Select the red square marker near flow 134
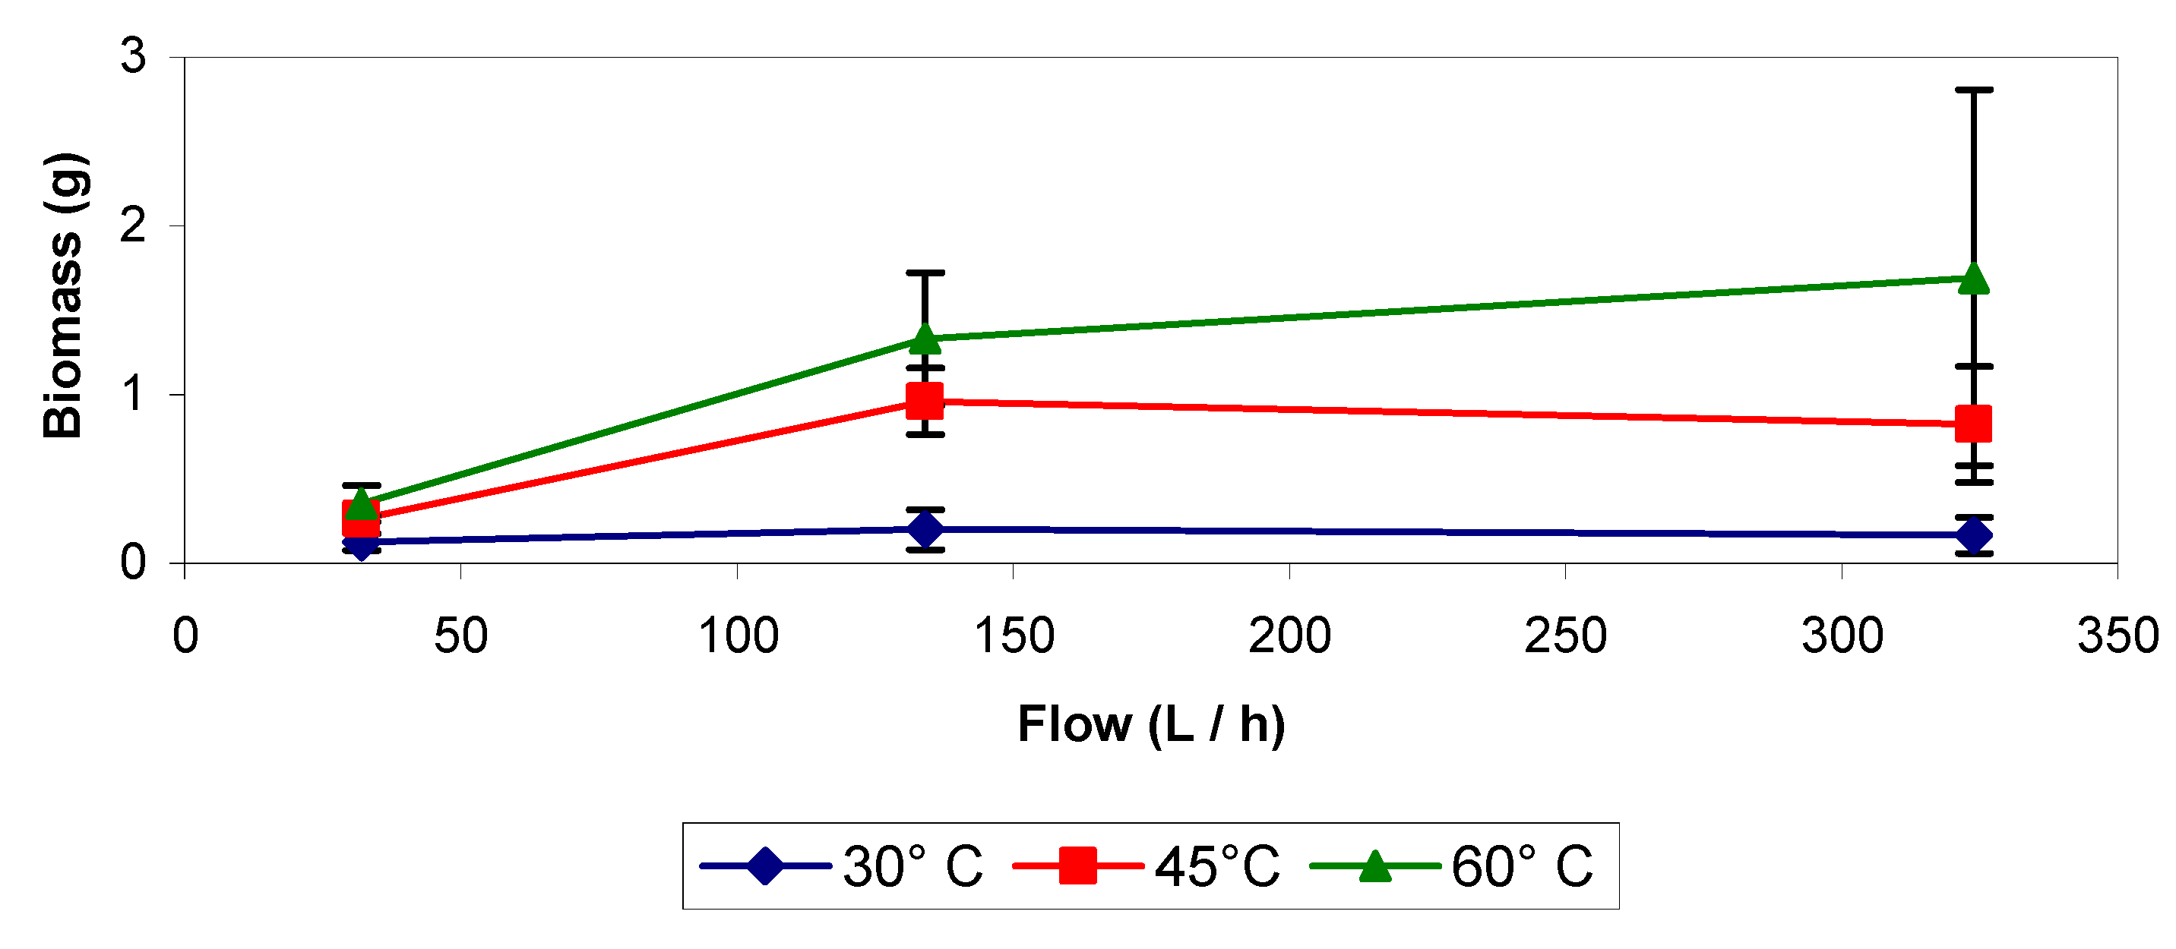[924, 400]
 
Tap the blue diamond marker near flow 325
[1973, 534]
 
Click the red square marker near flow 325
[1973, 424]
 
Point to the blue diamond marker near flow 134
[924, 529]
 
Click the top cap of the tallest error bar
[1973, 90]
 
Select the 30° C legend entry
[912, 866]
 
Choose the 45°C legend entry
[1216, 866]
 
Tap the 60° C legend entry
[1520, 866]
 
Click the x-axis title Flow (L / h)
[1150, 724]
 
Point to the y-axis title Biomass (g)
[64, 295]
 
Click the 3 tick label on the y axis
[134, 57]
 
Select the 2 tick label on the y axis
[134, 225]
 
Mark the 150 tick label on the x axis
[1014, 635]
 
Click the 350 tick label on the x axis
[2117, 635]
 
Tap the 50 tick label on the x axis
[460, 635]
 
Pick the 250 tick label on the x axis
[1565, 635]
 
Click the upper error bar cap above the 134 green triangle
[924, 273]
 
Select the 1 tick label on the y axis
[134, 394]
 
